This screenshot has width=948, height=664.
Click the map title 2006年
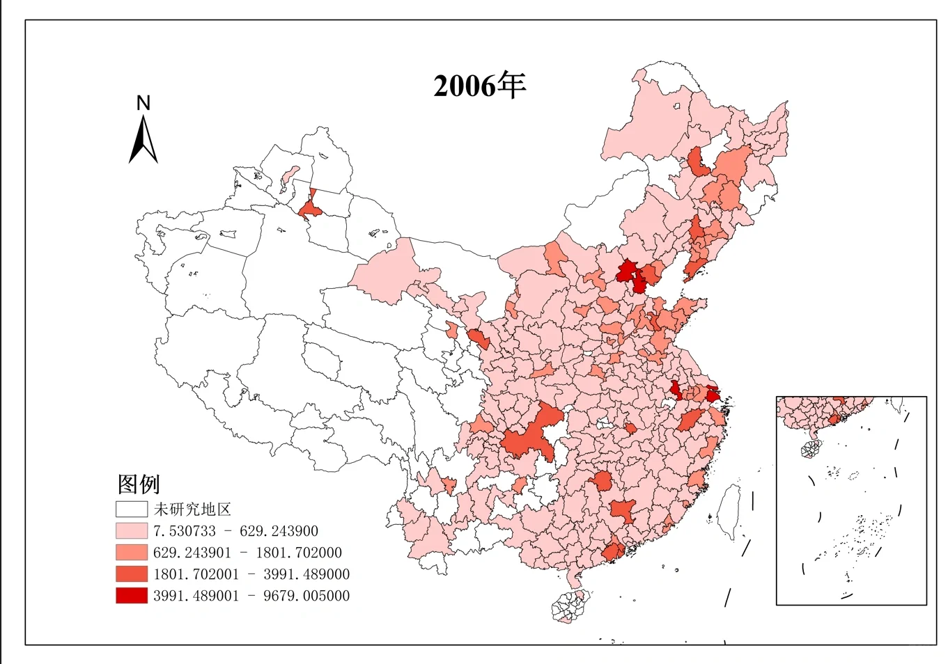pyautogui.click(x=479, y=86)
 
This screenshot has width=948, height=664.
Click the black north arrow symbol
pyautogui.click(x=143, y=141)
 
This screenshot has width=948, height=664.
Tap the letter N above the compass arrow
pyautogui.click(x=143, y=103)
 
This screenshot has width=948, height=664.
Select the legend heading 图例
pyautogui.click(x=139, y=484)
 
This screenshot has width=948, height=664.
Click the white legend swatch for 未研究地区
pyautogui.click(x=132, y=509)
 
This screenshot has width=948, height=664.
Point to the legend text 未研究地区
pyautogui.click(x=192, y=509)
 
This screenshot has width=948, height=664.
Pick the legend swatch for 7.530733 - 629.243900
pyautogui.click(x=132, y=530)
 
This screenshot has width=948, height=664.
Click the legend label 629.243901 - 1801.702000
pyautogui.click(x=247, y=553)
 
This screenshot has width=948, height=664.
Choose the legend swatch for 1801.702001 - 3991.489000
pyautogui.click(x=132, y=574)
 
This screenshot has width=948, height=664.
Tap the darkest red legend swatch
pyautogui.click(x=132, y=596)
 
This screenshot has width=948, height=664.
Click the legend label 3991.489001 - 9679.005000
pyautogui.click(x=251, y=596)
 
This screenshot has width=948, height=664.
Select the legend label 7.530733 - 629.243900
pyautogui.click(x=235, y=531)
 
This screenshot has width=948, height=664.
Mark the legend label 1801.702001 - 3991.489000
pyautogui.click(x=251, y=574)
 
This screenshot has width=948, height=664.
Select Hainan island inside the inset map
pyautogui.click(x=811, y=449)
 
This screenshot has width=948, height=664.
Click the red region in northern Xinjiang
pyautogui.click(x=309, y=209)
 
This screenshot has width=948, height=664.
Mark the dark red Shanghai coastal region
pyautogui.click(x=713, y=395)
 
